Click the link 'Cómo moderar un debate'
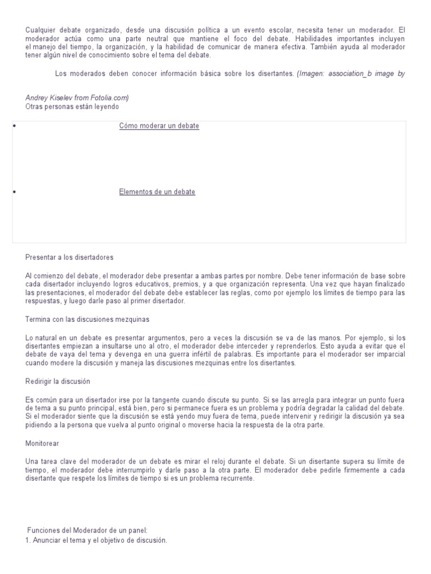[x=159, y=126]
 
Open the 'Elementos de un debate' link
[x=157, y=192]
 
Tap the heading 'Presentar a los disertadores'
[x=70, y=257]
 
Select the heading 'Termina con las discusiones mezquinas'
[x=87, y=319]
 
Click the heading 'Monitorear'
[x=42, y=443]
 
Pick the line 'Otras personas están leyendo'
[x=72, y=106]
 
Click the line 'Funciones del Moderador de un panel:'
[x=87, y=530]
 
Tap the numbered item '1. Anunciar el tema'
[x=97, y=540]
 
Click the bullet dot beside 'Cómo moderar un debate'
[x=13, y=126]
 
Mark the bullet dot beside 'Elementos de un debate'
[x=13, y=192]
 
